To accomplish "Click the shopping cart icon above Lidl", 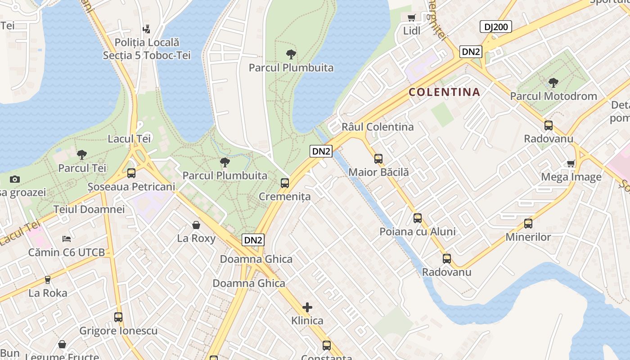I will coord(411,18).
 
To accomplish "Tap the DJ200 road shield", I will coord(496,27).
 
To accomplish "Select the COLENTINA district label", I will coord(444,92).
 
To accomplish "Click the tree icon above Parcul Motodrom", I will coord(553,83).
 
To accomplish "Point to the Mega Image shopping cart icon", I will coord(571,163).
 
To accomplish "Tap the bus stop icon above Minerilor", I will coord(528,223).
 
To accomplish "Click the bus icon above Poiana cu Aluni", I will coord(418,218).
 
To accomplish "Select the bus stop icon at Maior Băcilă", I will coord(378,158).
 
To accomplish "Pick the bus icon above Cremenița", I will coord(285,183).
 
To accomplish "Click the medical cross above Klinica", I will coord(307,307).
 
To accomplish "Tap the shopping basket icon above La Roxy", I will coord(196,225).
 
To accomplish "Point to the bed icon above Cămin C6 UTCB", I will coord(67,238).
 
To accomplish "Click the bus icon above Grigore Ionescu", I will coord(118,317).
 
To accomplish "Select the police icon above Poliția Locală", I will coord(146,29).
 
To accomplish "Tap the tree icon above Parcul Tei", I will coord(82,155).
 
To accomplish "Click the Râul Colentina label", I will coord(378,127).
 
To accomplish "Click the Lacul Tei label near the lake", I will coord(129,139).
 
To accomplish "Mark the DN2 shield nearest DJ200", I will coord(471,52).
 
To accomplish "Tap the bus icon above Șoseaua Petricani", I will coord(131,173).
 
